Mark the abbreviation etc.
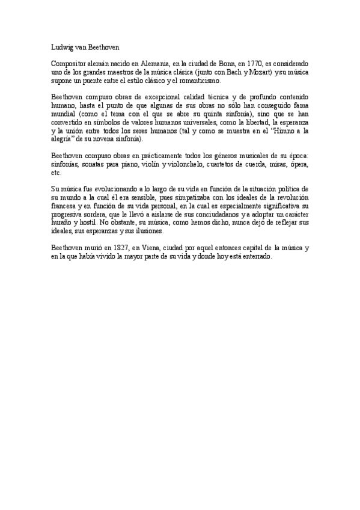pyautogui.click(x=56, y=173)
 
